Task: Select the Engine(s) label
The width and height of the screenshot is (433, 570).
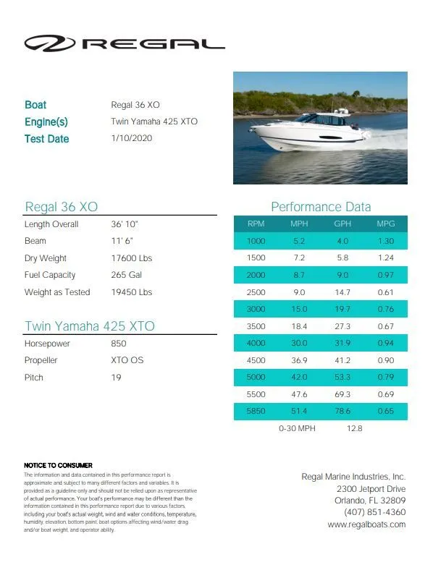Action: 46,122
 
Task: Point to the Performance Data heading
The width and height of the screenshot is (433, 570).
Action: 321,207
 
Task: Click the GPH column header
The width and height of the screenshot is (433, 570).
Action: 342,224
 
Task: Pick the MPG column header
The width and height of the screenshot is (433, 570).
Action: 386,224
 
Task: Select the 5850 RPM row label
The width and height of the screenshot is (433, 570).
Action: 256,411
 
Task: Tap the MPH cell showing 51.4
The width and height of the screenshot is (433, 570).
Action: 299,411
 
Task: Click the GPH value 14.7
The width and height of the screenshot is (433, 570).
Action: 342,292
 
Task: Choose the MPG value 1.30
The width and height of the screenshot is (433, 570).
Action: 386,241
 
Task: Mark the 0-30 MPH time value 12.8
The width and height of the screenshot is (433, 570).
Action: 355,428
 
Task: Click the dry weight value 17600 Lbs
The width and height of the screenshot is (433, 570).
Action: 131,258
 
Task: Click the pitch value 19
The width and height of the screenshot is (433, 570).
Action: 116,378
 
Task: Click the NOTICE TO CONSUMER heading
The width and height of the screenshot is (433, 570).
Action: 58,464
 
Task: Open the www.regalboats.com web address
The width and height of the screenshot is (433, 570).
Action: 366,524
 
